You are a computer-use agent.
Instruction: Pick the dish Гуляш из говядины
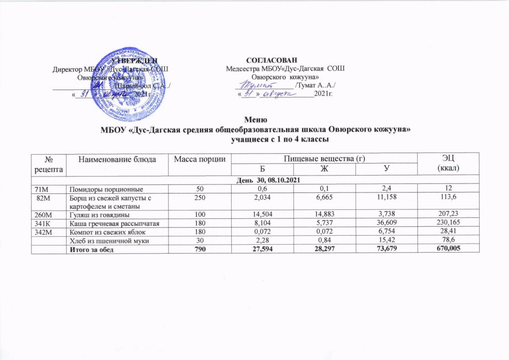pos(100,215)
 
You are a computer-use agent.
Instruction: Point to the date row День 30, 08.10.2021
pos(271,179)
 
